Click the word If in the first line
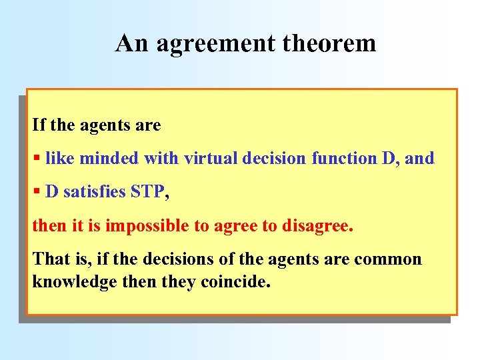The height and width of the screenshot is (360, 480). [x=38, y=125]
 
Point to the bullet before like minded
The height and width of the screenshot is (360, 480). [x=37, y=159]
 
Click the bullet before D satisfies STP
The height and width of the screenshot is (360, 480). [x=37, y=193]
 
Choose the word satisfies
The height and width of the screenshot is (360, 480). [x=95, y=192]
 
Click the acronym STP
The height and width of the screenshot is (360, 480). [x=147, y=192]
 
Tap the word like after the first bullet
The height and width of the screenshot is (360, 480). [x=58, y=159]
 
